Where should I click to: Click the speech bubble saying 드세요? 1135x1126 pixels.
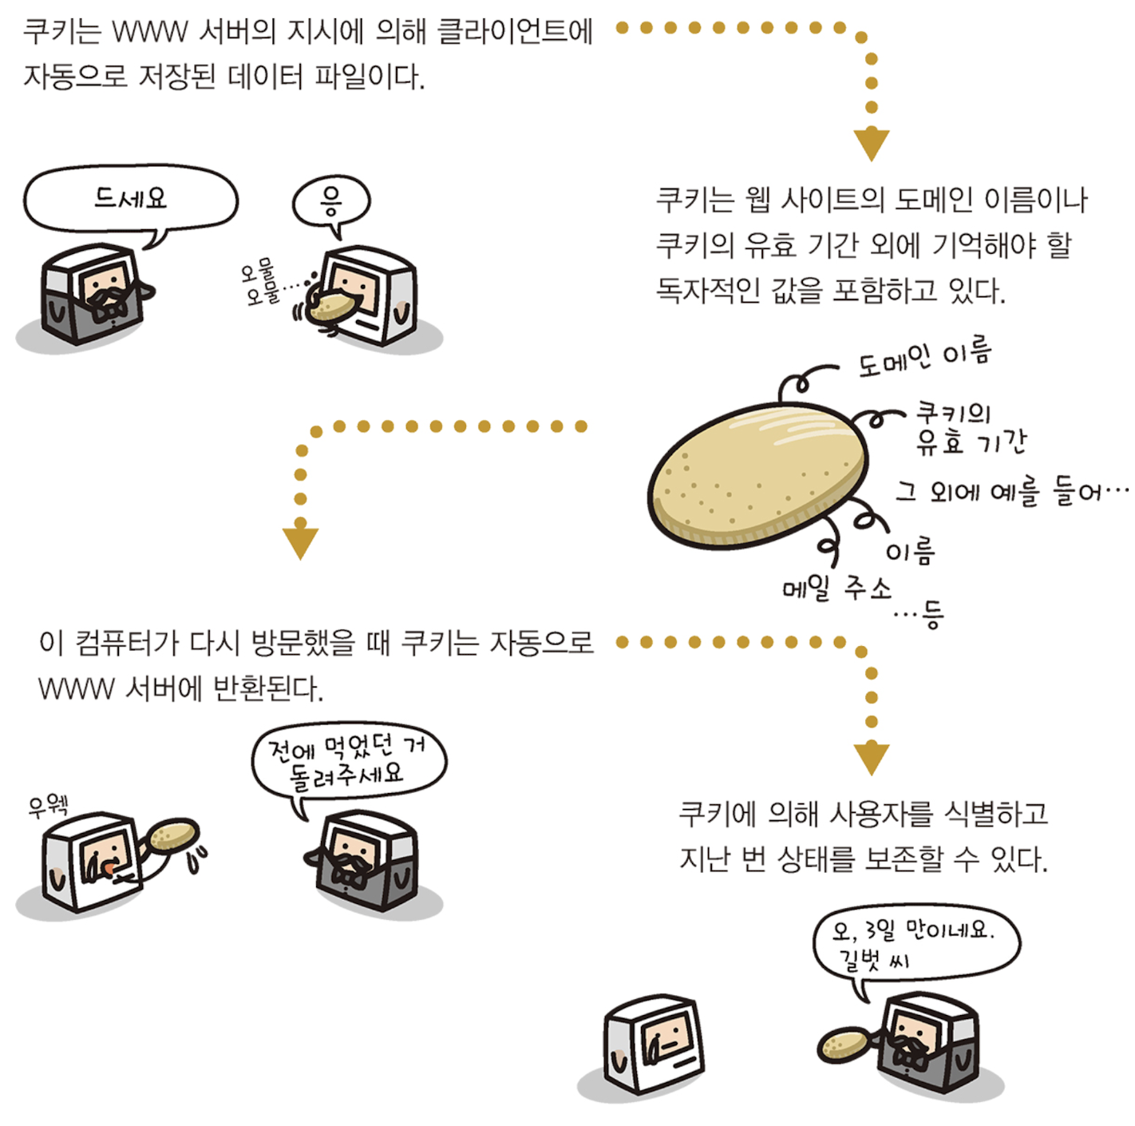click(130, 198)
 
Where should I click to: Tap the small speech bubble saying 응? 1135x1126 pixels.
click(331, 200)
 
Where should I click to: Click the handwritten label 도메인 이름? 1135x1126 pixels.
click(924, 358)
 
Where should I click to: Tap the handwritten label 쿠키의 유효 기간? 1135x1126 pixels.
click(968, 428)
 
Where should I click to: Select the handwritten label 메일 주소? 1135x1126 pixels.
click(836, 589)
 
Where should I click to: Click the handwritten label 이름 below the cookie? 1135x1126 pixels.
click(910, 550)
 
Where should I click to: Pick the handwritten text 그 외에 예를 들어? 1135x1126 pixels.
click(1010, 490)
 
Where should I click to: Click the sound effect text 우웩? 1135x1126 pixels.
click(48, 805)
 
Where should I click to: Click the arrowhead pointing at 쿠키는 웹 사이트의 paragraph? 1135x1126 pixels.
click(871, 145)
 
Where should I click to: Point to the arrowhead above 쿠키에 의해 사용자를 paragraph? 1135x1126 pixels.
click(871, 758)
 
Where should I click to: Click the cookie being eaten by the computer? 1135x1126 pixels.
click(330, 307)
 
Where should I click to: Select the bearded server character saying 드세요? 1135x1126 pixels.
click(94, 294)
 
